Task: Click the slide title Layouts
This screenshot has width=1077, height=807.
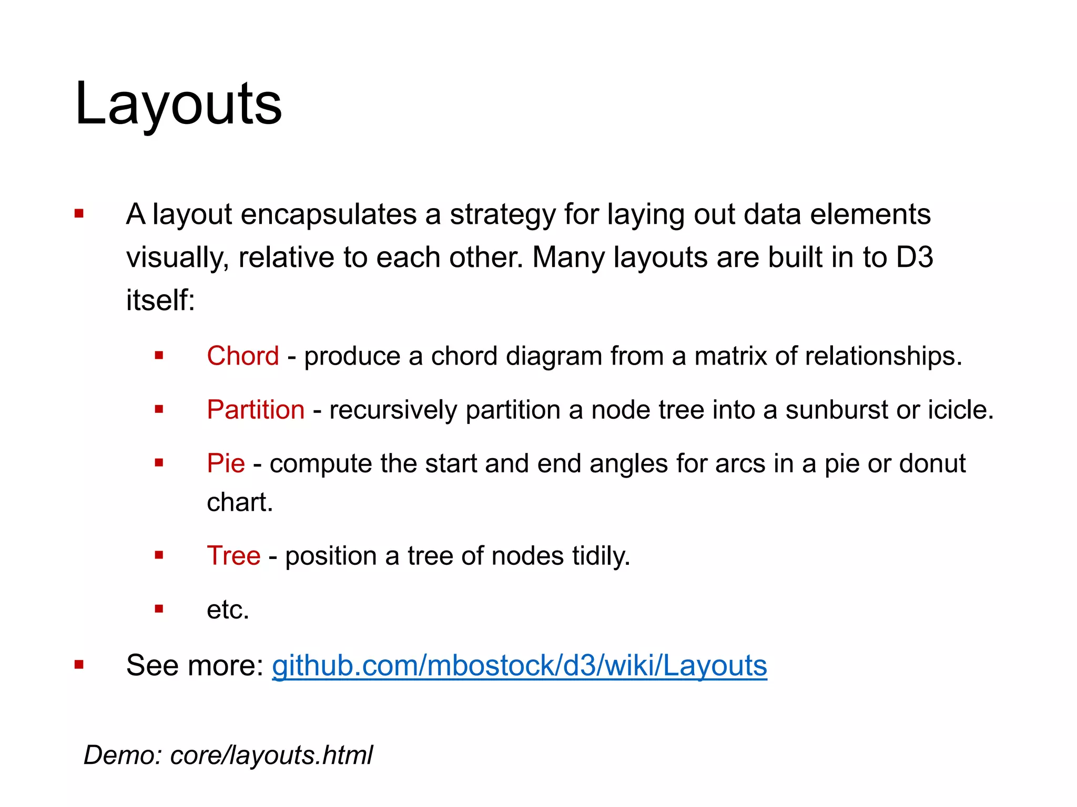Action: pyautogui.click(x=178, y=104)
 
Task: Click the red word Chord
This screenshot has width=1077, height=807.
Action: pyautogui.click(x=242, y=356)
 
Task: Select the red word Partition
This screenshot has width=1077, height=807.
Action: pyautogui.click(x=256, y=409)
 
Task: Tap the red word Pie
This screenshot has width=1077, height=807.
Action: pyautogui.click(x=226, y=463)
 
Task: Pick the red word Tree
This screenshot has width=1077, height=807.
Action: pyautogui.click(x=233, y=555)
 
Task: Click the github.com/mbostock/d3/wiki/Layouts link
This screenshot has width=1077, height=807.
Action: pyautogui.click(x=519, y=665)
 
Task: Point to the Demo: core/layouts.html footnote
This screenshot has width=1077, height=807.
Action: pyautogui.click(x=228, y=755)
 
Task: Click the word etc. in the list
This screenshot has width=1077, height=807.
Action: pyautogui.click(x=228, y=609)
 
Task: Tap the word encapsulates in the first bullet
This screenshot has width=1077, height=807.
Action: pyautogui.click(x=329, y=214)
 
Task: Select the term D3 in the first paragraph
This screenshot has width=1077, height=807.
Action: pyautogui.click(x=915, y=257)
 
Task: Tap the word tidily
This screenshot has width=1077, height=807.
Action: pyautogui.click(x=601, y=555)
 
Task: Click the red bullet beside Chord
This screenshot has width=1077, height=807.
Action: pyautogui.click(x=159, y=356)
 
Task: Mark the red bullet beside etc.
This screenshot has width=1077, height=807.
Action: pyautogui.click(x=159, y=609)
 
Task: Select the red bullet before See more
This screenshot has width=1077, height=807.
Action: pyautogui.click(x=79, y=665)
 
